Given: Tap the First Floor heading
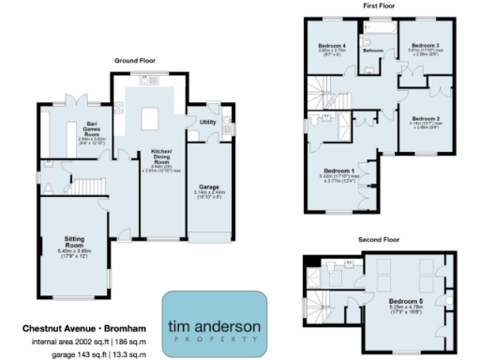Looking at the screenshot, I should [379, 7].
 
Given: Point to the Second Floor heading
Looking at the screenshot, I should [379, 240].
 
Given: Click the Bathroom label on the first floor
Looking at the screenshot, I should [374, 50].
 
